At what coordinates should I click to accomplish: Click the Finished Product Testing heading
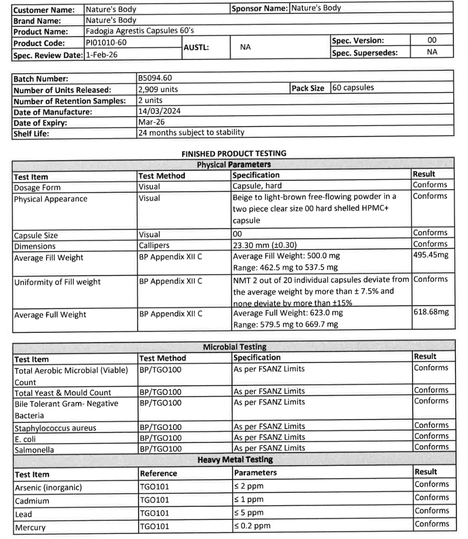[x=234, y=153]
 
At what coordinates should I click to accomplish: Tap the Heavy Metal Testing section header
[x=234, y=459]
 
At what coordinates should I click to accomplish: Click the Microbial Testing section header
[x=234, y=347]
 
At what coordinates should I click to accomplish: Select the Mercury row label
[x=30, y=526]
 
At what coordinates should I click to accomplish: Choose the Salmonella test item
[x=33, y=450]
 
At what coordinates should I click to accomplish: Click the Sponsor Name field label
[x=259, y=8]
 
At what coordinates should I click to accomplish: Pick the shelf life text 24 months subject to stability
[x=191, y=132]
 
